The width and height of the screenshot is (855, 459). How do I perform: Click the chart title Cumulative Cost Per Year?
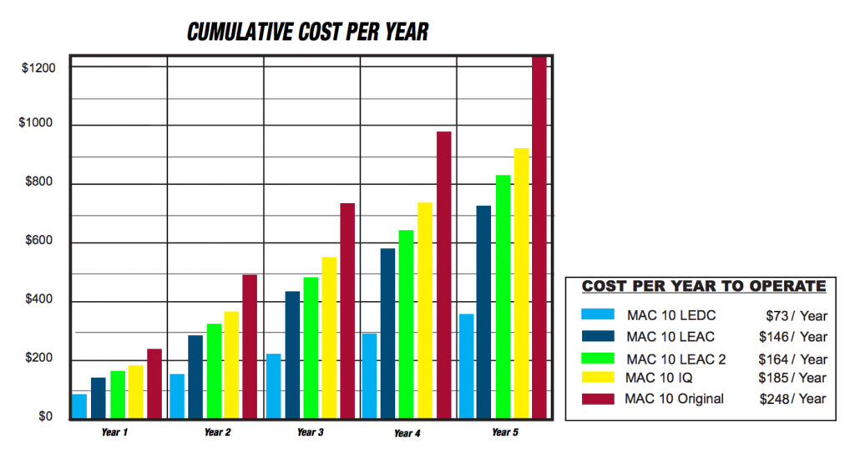(307, 33)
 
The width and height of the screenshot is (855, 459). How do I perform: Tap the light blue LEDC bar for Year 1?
(79, 405)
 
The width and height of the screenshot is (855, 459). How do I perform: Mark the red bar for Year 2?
(249, 346)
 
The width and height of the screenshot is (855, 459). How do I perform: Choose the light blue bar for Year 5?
(466, 365)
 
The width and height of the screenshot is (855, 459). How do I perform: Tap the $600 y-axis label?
(38, 242)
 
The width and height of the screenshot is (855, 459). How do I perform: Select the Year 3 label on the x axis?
(310, 432)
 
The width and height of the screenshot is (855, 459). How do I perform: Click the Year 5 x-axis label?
(504, 432)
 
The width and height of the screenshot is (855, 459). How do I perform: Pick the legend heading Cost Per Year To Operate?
(703, 286)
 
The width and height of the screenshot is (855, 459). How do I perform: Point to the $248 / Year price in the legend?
(792, 399)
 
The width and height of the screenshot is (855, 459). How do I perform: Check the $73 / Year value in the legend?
(796, 315)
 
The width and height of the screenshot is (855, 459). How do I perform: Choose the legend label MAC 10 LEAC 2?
(675, 359)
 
